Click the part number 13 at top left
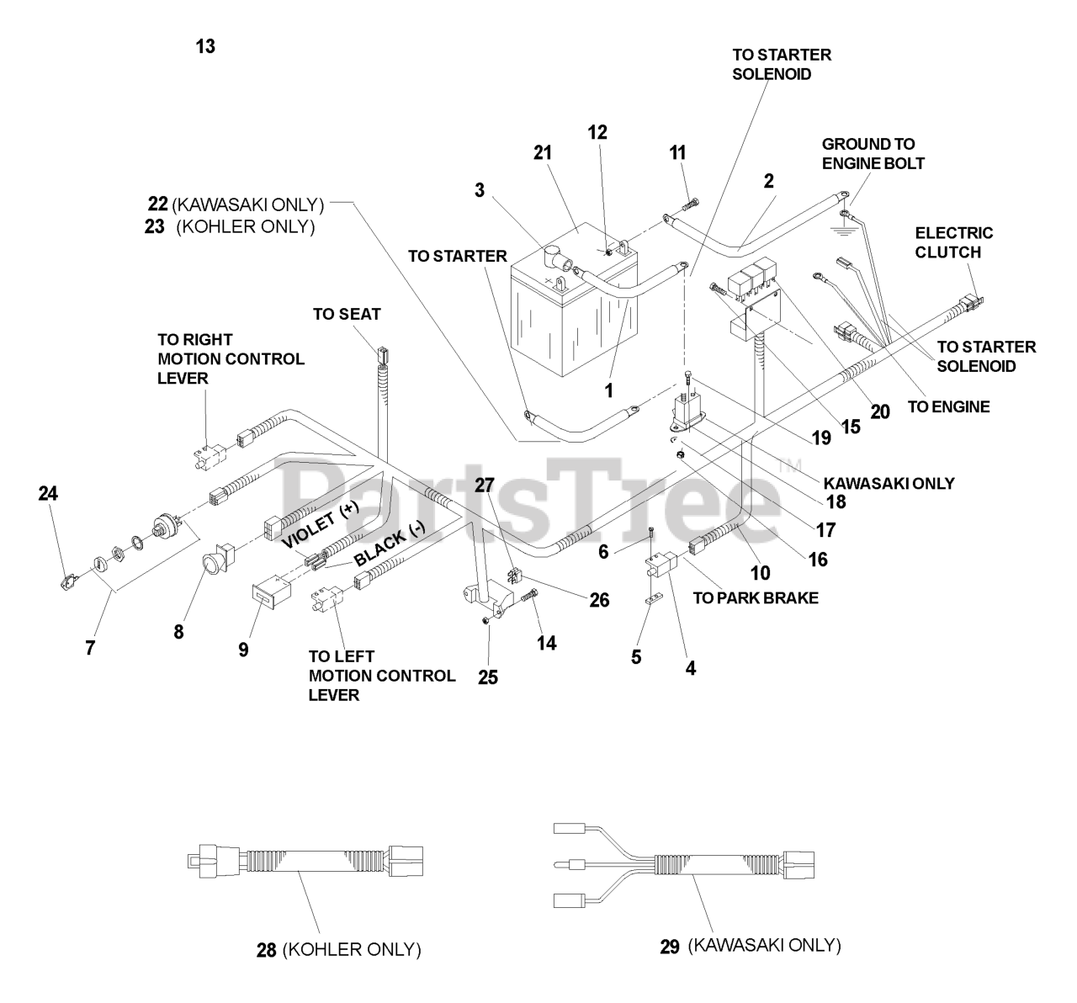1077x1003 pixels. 205,47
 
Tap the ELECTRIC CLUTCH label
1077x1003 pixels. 953,242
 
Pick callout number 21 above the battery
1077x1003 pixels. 542,152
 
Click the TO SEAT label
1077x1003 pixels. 347,314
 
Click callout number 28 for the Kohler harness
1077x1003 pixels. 267,950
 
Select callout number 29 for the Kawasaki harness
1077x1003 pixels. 670,946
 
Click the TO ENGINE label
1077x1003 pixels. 948,407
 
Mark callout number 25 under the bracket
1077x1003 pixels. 488,676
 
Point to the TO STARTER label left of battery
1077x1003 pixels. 458,256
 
